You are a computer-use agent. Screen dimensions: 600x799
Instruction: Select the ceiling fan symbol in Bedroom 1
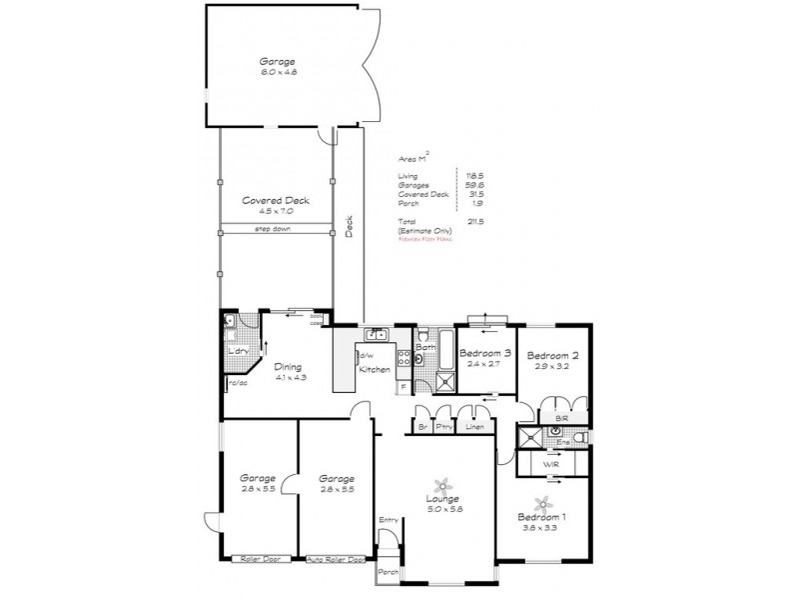pos(544,502)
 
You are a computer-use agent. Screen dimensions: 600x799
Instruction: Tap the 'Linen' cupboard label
pos(474,428)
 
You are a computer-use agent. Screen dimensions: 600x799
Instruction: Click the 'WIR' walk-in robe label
pos(550,465)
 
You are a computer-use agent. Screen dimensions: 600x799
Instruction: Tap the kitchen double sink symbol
pos(376,335)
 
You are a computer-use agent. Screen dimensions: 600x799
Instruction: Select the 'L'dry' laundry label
pos(238,352)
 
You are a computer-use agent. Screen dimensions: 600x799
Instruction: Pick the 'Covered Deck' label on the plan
pos(275,200)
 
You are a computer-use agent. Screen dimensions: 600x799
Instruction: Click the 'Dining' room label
pos(289,366)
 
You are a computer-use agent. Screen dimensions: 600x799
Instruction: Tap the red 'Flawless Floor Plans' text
pos(425,240)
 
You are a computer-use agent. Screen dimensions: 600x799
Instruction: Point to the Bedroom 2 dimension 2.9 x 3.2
pos(552,368)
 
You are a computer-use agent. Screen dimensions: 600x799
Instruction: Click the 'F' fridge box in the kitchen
pos(402,386)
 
